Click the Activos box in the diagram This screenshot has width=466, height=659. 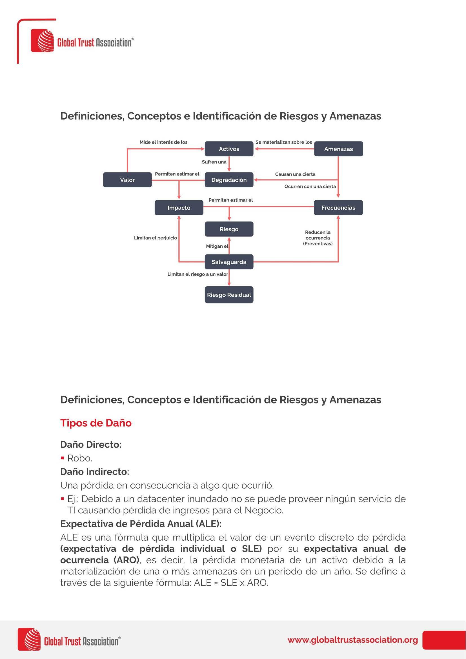pyautogui.click(x=229, y=149)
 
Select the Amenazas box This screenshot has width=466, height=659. pyautogui.click(x=338, y=149)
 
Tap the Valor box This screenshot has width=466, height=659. pyautogui.click(x=127, y=180)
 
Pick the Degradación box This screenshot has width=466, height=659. pyautogui.click(x=229, y=180)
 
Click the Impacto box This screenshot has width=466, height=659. pyautogui.click(x=179, y=208)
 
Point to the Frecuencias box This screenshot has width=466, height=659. pyautogui.click(x=338, y=208)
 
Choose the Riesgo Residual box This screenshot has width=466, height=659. pyautogui.click(x=229, y=295)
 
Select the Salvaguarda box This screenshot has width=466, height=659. pyautogui.click(x=229, y=262)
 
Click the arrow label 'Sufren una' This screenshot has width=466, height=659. pyautogui.click(x=214, y=162)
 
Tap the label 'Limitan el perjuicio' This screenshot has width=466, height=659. pyautogui.click(x=155, y=238)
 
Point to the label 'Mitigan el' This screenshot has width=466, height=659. pyautogui.click(x=217, y=246)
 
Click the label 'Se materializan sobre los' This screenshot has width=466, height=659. pyautogui.click(x=283, y=142)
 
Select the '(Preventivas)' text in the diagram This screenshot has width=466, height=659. pyautogui.click(x=318, y=244)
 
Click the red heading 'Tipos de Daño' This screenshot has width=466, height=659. pyautogui.click(x=96, y=423)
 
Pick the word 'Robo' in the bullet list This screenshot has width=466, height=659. pyautogui.click(x=79, y=458)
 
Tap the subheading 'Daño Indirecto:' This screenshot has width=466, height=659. pyautogui.click(x=95, y=472)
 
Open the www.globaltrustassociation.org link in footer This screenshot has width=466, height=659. pyautogui.click(x=352, y=640)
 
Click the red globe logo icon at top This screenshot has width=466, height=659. pyautogui.click(x=43, y=41)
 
